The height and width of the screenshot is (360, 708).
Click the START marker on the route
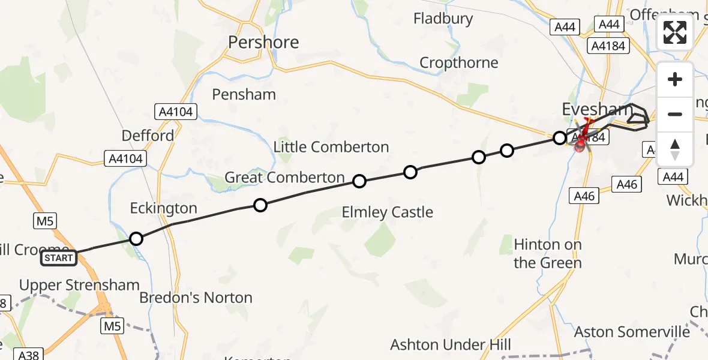59,259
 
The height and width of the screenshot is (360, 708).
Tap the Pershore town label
263,42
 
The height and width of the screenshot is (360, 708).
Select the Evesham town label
596,109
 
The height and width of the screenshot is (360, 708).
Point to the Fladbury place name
443,19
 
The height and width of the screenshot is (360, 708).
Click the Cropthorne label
458,63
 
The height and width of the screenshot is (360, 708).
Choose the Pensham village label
244,94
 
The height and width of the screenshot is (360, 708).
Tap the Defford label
148,136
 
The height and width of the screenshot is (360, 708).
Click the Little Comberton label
331,147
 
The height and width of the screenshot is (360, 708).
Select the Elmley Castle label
387,212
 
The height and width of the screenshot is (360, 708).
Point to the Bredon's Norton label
196,298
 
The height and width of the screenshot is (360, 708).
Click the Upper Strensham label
79,285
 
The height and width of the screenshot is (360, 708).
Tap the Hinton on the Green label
547,254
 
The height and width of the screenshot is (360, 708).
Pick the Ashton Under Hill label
451,344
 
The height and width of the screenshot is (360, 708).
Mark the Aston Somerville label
632,332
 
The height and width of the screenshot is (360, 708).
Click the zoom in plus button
675,79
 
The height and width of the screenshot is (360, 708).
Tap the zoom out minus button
675,114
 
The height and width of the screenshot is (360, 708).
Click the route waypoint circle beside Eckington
136,239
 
